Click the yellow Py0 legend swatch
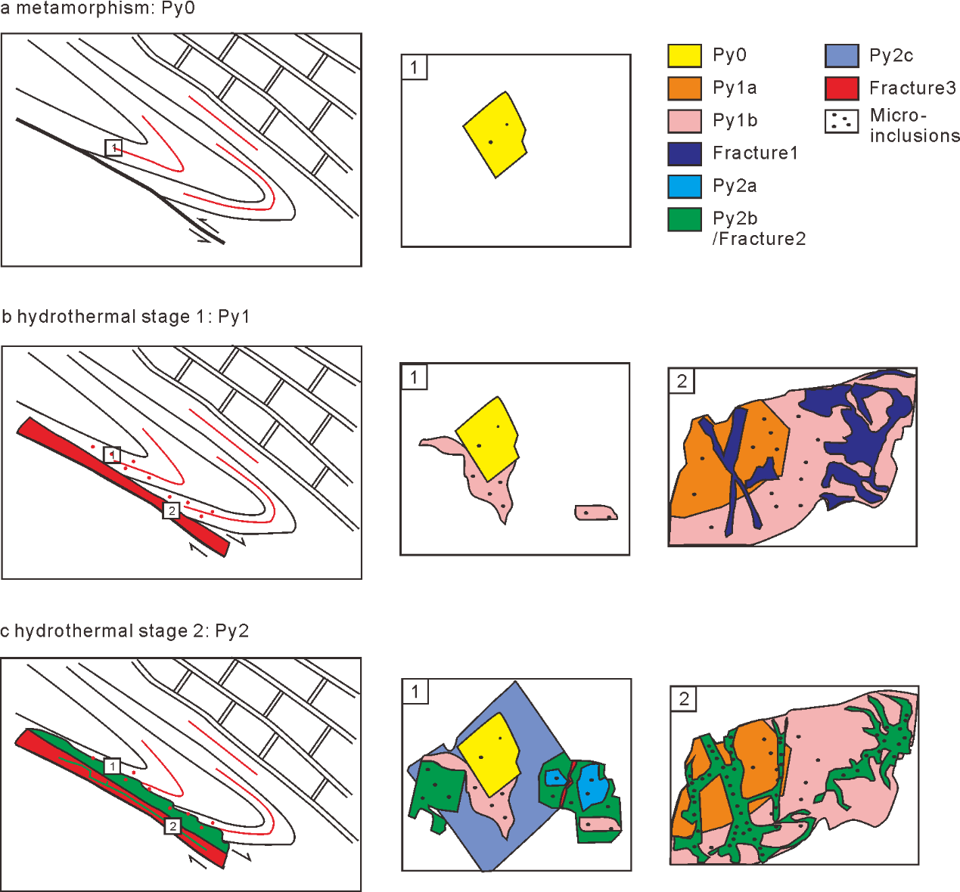pos(684,56)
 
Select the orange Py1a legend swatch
pos(684,88)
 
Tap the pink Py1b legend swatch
pos(684,121)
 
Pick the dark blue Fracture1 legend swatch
pos(684,153)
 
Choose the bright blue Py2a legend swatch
pos(684,186)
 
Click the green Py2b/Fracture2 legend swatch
pos(684,219)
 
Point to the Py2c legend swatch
pos(841,56)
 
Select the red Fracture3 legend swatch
pos(841,88)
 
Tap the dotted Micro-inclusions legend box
pos(841,121)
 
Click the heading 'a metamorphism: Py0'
pos(98,9)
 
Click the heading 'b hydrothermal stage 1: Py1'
pos(126,317)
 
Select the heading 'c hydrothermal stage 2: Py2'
pos(125,631)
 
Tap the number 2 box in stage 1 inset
pos(682,381)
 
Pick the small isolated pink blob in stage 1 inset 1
pos(595,513)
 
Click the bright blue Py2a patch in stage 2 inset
pos(592,788)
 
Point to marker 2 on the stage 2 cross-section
pos(172,826)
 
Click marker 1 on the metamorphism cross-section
pos(113,148)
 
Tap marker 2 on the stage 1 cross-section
pos(172,511)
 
